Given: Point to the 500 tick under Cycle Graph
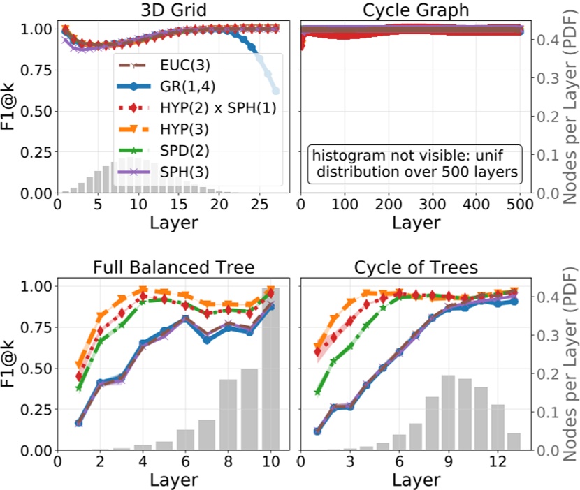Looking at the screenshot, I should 519,206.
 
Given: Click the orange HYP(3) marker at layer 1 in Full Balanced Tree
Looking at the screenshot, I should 79,364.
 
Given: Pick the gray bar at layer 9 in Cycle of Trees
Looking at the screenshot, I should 448,413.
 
